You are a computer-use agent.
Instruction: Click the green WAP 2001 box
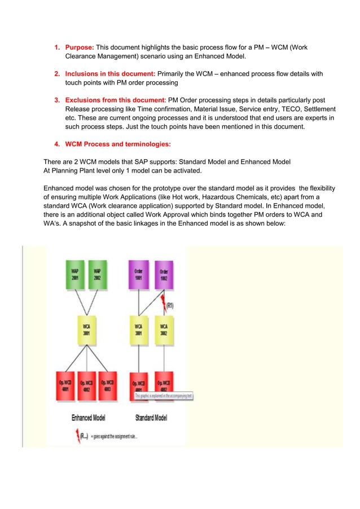[x=74, y=273]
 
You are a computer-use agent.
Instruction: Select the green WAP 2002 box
[x=98, y=273]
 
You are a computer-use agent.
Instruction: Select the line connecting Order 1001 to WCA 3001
[x=139, y=303]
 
